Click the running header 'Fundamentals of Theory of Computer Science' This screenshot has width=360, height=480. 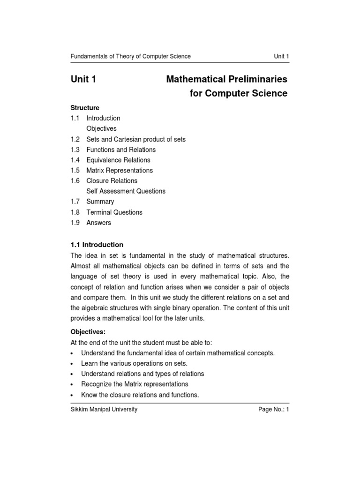(x=130, y=56)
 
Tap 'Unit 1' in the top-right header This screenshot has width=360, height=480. (x=281, y=56)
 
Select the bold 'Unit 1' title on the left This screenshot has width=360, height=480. (x=83, y=79)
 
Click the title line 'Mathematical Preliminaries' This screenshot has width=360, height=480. (x=226, y=79)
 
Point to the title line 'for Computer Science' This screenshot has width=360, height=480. (x=238, y=93)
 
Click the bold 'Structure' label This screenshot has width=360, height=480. (x=85, y=108)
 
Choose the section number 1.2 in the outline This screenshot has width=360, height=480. (x=75, y=139)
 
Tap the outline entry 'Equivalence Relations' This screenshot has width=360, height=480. (x=119, y=160)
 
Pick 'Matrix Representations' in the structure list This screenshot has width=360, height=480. (x=120, y=170)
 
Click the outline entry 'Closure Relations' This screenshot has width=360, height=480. (x=112, y=180)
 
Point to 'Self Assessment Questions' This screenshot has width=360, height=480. (x=126, y=191)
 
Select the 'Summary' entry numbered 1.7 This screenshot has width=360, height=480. (x=100, y=202)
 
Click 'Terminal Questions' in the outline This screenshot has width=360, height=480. (x=114, y=212)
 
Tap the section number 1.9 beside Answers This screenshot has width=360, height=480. (x=75, y=223)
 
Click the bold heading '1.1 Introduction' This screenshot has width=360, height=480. (x=97, y=245)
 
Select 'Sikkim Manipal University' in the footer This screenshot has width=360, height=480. (x=104, y=409)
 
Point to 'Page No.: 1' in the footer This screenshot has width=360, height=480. (x=274, y=409)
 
